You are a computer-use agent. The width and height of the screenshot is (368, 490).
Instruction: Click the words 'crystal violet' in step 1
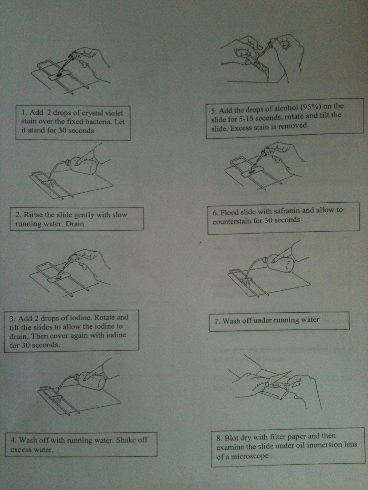pos(102,113)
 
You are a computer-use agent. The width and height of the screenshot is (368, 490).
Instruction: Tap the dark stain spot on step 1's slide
pos(59,75)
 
